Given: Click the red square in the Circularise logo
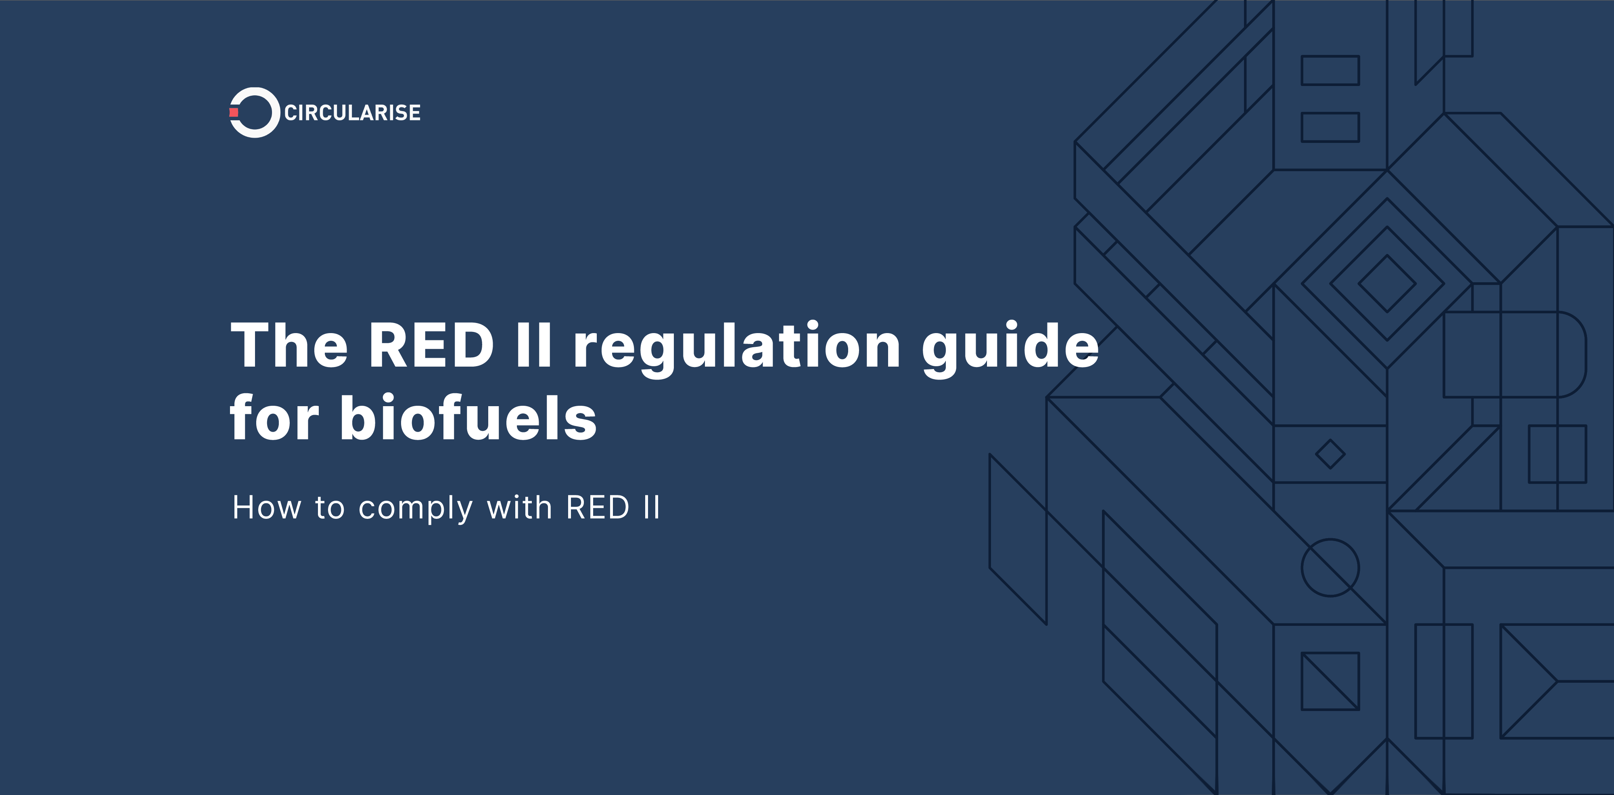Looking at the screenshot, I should click(234, 112).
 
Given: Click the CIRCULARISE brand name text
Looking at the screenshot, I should click(352, 113).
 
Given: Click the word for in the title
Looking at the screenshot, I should click(274, 418).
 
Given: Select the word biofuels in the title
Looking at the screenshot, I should click(468, 418).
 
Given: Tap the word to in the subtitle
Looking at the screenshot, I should click(330, 508).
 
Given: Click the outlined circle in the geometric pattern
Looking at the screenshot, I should click(1330, 567).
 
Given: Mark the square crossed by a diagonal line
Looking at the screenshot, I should click(1330, 681).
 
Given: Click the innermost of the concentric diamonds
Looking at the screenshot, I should click(1387, 283).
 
